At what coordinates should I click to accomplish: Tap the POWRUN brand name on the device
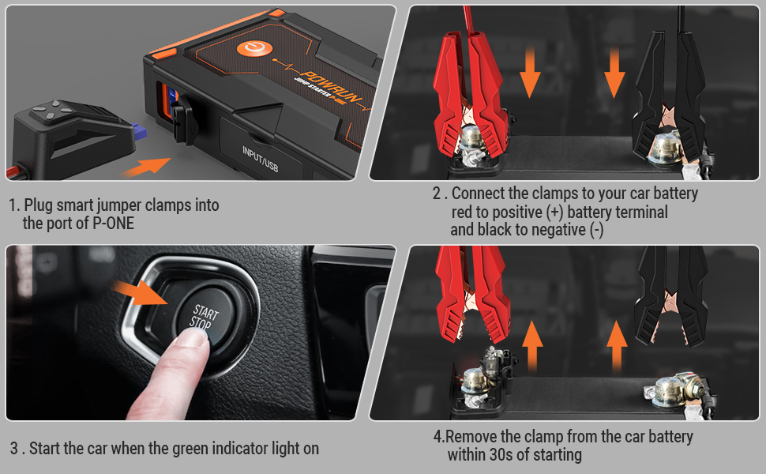(x=331, y=86)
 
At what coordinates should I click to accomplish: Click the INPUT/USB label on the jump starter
(x=261, y=159)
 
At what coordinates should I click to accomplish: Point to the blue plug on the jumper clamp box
(x=141, y=130)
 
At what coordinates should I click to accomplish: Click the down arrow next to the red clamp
(x=530, y=73)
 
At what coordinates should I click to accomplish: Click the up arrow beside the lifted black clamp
(x=617, y=347)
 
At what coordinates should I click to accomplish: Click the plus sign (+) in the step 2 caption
(x=555, y=213)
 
